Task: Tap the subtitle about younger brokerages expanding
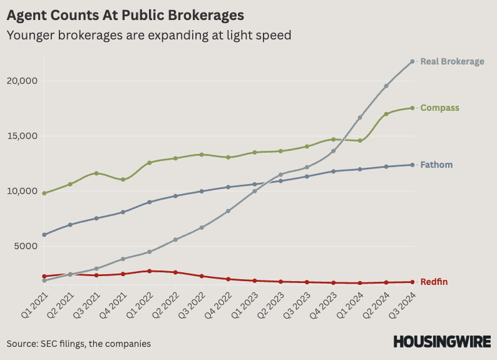click(x=149, y=35)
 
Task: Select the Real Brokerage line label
click(x=452, y=61)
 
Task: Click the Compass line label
click(x=439, y=108)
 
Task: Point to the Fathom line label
click(x=436, y=165)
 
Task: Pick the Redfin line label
click(x=434, y=282)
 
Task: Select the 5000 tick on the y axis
click(x=24, y=246)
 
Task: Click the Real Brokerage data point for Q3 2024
click(x=412, y=61)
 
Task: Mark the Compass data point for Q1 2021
click(x=44, y=193)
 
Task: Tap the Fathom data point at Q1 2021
click(x=44, y=235)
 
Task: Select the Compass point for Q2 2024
click(x=386, y=114)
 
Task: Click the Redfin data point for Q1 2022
click(x=149, y=271)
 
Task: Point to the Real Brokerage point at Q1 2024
click(x=360, y=118)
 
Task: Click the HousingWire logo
click(x=441, y=342)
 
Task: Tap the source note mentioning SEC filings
click(x=79, y=344)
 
